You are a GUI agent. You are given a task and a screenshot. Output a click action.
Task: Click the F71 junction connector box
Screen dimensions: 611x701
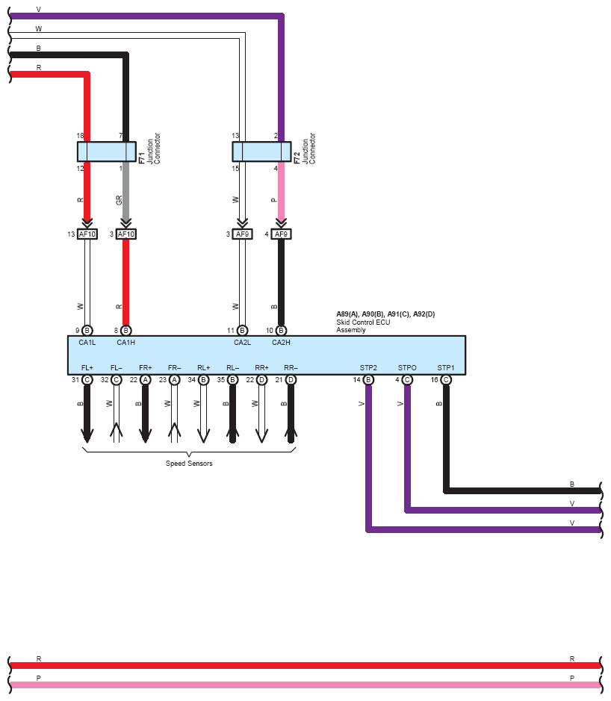(x=107, y=152)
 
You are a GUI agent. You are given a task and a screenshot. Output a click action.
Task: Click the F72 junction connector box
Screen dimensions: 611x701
(x=261, y=152)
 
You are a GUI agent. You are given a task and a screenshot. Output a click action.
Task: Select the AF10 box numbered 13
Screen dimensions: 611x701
(x=87, y=234)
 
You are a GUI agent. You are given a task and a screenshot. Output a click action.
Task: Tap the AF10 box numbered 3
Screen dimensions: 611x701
(x=126, y=234)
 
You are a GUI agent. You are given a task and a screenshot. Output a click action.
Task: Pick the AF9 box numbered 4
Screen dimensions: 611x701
(x=281, y=234)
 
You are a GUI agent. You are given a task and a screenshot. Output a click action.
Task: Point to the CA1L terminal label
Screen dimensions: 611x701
(x=87, y=343)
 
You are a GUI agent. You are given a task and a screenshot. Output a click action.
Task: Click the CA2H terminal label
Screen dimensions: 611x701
(x=281, y=343)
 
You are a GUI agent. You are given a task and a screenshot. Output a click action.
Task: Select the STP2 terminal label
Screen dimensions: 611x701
(x=368, y=367)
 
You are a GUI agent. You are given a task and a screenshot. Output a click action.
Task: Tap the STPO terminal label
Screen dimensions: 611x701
(x=407, y=367)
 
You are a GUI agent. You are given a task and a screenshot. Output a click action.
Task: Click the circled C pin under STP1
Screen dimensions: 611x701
(x=445, y=379)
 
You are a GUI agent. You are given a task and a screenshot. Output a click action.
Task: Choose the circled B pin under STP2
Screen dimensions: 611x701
(x=368, y=379)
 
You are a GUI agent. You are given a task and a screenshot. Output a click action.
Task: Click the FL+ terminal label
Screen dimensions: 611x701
(x=87, y=367)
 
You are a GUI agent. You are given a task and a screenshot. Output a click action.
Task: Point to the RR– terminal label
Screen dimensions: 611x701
(x=291, y=367)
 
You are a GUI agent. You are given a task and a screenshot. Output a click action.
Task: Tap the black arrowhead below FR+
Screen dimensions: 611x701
(x=146, y=435)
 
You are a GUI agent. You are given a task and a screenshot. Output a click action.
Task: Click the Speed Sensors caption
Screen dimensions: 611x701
(x=189, y=463)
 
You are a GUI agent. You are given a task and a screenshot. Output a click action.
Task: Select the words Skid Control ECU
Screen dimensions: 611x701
(x=363, y=322)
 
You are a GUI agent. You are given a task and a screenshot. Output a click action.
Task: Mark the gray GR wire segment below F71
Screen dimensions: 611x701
(x=126, y=191)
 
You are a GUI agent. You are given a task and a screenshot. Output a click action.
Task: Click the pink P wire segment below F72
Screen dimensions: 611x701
(x=281, y=191)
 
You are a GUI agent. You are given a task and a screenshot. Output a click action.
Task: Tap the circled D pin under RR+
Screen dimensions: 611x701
(x=261, y=379)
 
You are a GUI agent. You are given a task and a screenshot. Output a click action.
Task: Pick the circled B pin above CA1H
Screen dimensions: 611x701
(x=126, y=331)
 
